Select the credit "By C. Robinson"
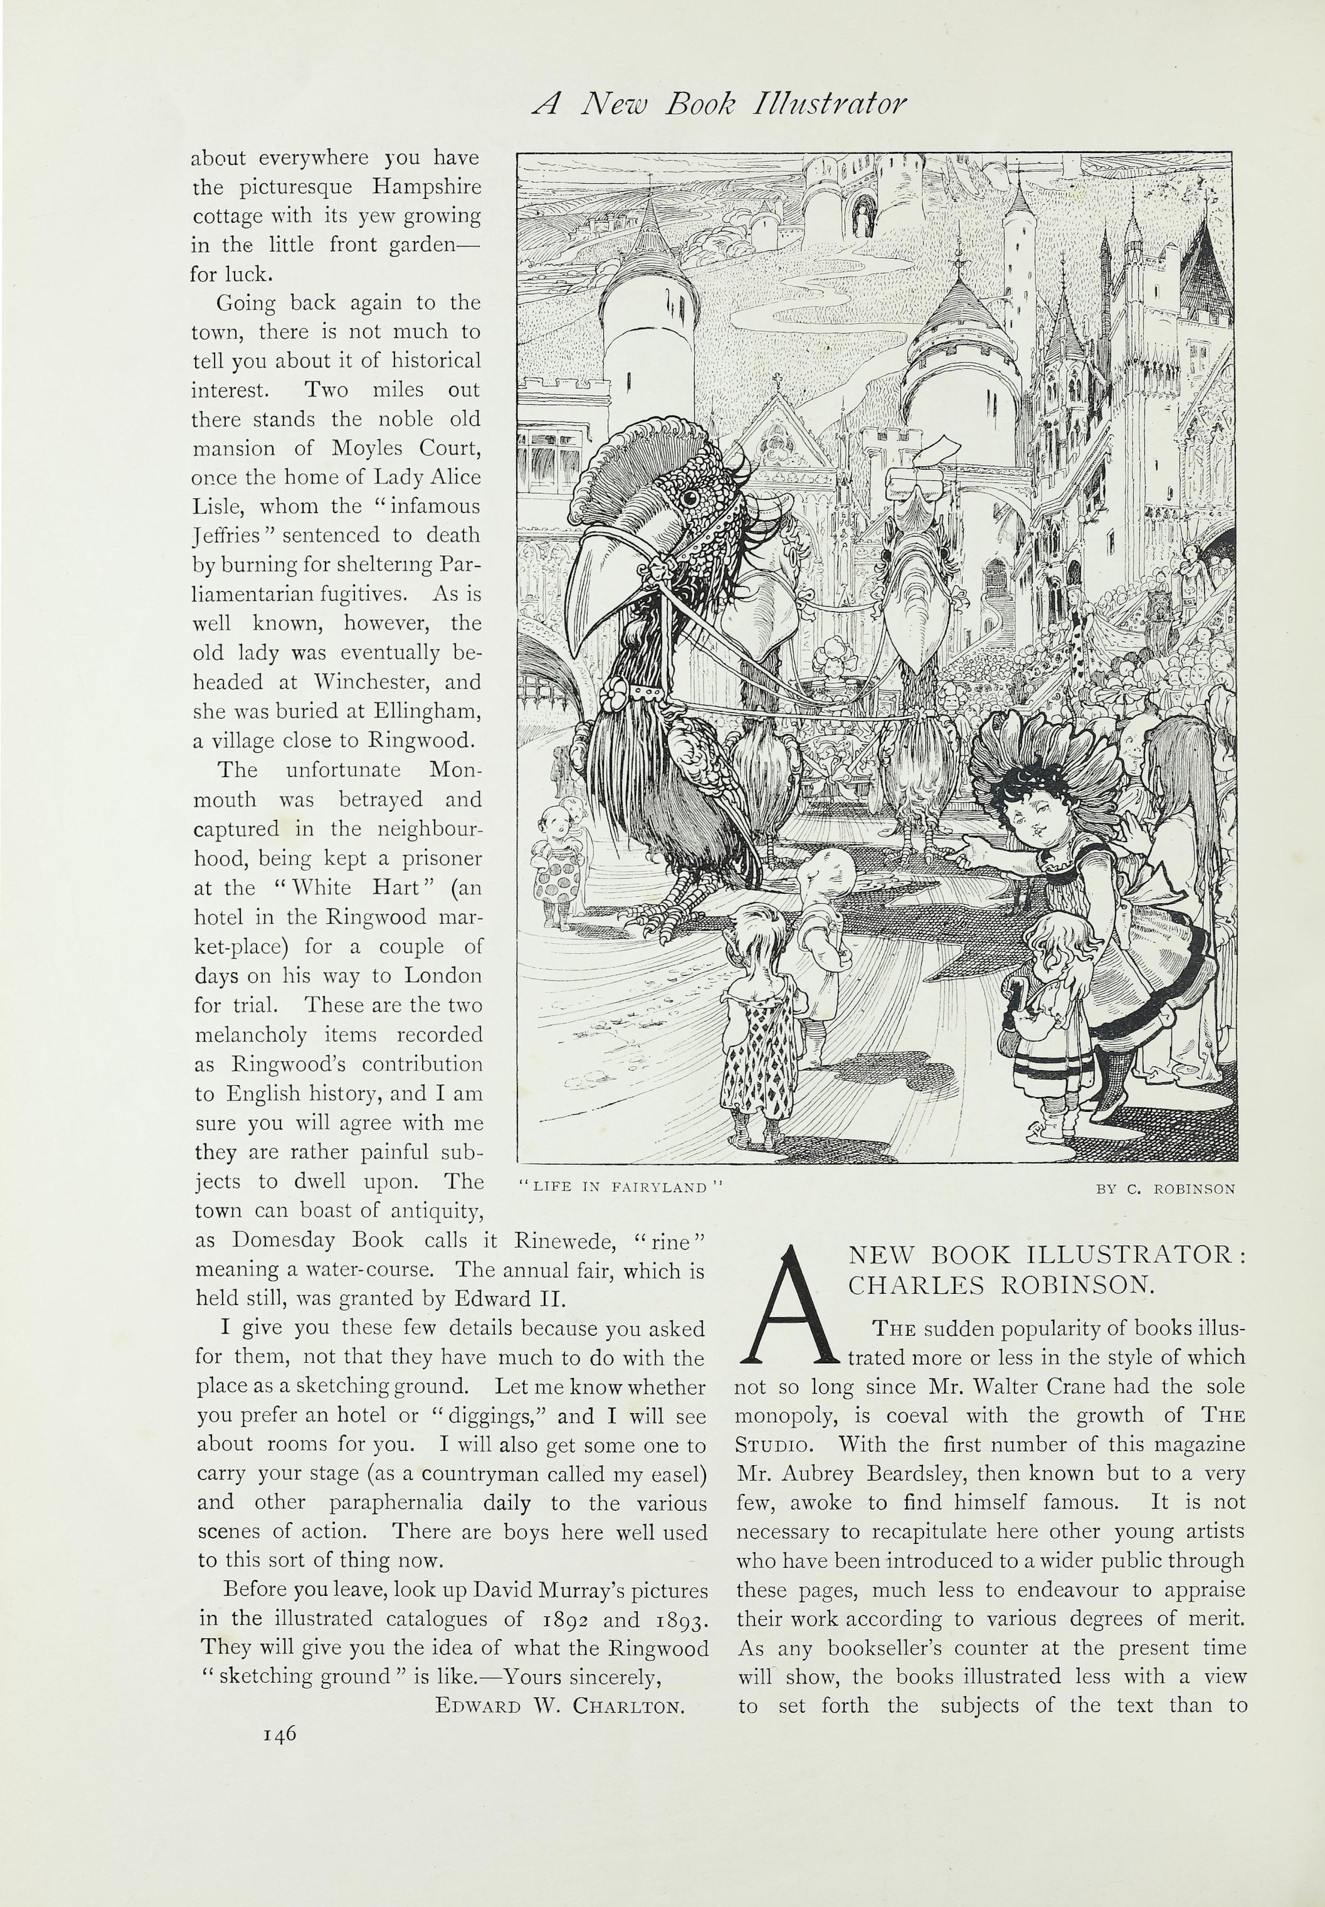(1165, 1189)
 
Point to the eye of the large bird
(688, 497)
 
